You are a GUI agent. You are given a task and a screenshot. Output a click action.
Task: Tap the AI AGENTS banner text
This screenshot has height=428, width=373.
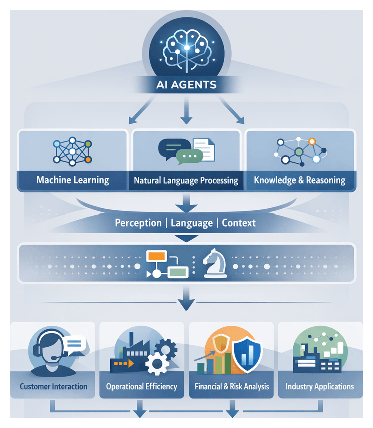(x=186, y=84)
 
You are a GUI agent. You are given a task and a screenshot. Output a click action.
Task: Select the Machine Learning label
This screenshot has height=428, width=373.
(x=73, y=180)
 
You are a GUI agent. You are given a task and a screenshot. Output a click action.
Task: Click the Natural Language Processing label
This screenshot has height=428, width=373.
(x=186, y=180)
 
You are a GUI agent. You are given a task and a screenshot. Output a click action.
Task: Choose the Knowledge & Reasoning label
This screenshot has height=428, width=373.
(x=300, y=180)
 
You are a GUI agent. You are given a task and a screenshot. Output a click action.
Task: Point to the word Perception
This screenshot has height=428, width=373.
(x=138, y=223)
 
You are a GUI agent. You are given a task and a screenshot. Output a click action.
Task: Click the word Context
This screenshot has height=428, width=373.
(x=239, y=223)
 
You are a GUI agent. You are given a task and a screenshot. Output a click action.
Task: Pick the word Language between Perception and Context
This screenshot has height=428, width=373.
(x=192, y=223)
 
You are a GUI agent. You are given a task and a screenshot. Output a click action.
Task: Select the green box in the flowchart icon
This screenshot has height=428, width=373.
(x=177, y=273)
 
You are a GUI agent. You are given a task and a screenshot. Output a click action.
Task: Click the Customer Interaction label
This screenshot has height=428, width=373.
(x=53, y=386)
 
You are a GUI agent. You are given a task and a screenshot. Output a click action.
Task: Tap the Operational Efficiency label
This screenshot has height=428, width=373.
(x=142, y=386)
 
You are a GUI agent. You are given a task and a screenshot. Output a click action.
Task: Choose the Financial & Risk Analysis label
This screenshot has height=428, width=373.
(x=232, y=386)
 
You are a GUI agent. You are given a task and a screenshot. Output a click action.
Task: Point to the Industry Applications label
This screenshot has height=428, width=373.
(x=320, y=386)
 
